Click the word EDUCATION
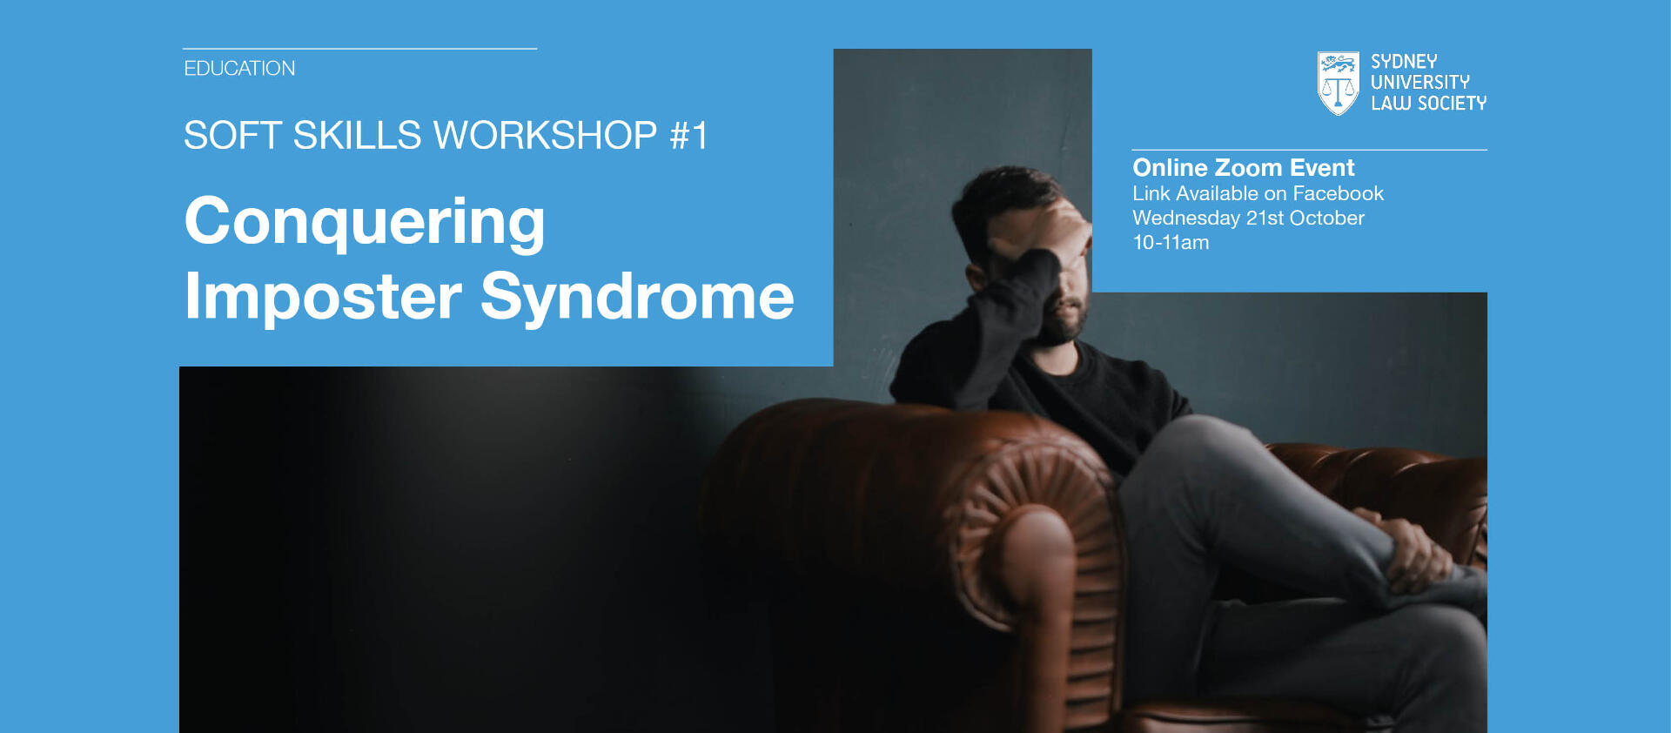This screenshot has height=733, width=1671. [x=239, y=68]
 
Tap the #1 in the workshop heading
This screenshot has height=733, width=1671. [x=688, y=135]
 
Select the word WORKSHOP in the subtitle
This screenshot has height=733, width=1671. [x=545, y=135]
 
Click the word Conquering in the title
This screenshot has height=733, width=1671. [x=365, y=223]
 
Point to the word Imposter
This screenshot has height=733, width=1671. [x=323, y=298]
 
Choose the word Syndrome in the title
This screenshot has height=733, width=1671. [x=637, y=298]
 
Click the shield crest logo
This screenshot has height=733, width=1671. [x=1338, y=83]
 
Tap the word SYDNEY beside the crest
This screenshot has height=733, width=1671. [x=1404, y=62]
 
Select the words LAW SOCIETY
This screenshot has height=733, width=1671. [x=1428, y=103]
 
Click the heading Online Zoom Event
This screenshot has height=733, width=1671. [x=1243, y=167]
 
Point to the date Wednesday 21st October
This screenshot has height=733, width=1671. [x=1248, y=218]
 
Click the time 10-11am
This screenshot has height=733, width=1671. [x=1171, y=242]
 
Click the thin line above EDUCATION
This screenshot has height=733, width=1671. [x=359, y=49]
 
